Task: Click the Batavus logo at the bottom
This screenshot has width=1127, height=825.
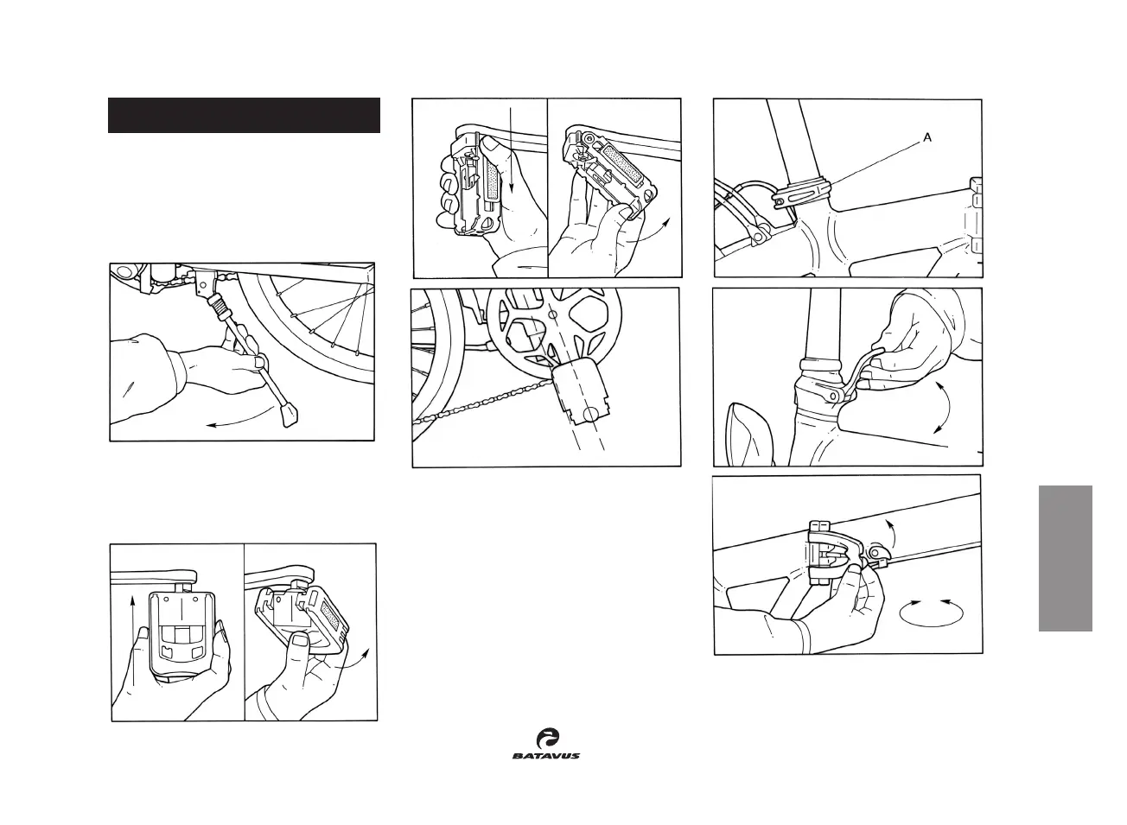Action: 545,743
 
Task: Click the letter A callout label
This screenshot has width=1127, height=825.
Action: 927,137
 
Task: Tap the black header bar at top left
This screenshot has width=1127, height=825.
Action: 244,116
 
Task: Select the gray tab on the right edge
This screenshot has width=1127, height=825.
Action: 1067,558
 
